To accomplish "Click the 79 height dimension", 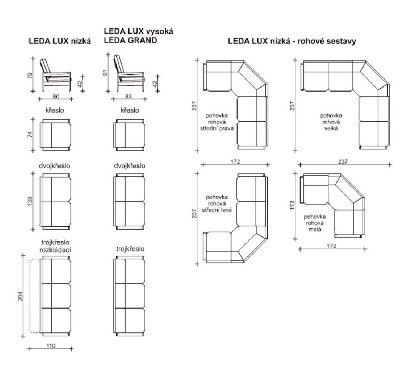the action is [30, 75].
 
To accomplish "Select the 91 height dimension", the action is [106, 72].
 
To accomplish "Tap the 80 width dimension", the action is [56, 97].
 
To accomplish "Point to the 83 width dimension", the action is [128, 97].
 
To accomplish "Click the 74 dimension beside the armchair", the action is [30, 134].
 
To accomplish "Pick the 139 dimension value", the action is [30, 201].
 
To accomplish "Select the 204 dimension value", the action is [20, 296].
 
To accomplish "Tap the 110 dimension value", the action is [51, 346].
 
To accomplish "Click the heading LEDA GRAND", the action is [130, 40].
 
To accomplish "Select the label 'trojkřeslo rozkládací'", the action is [55, 246].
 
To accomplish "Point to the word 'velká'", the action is [331, 128].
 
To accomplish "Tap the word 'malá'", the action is [315, 229].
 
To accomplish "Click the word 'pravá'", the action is [226, 128].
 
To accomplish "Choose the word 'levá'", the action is [226, 210].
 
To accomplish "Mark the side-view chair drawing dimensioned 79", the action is [55, 75].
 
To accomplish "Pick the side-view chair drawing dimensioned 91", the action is [130, 73].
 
